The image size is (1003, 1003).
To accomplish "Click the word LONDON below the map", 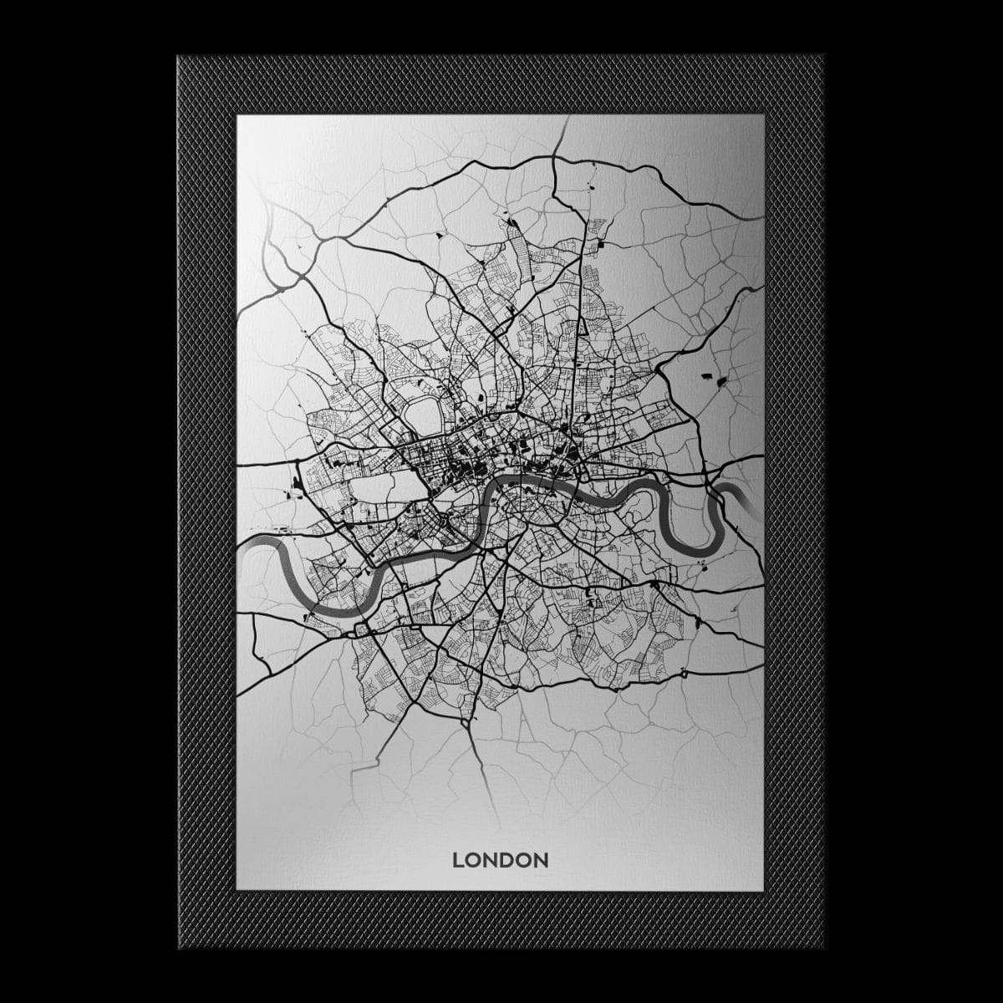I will pyautogui.click(x=500, y=860).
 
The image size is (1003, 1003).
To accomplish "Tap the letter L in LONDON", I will pyautogui.click(x=457, y=860).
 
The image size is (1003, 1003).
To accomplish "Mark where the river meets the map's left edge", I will pyautogui.click(x=240, y=552).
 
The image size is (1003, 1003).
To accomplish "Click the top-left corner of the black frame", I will pyautogui.click(x=179, y=57).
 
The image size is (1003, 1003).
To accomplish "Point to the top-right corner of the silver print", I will pyautogui.click(x=763, y=116).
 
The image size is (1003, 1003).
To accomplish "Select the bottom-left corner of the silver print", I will pyautogui.click(x=237, y=889).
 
